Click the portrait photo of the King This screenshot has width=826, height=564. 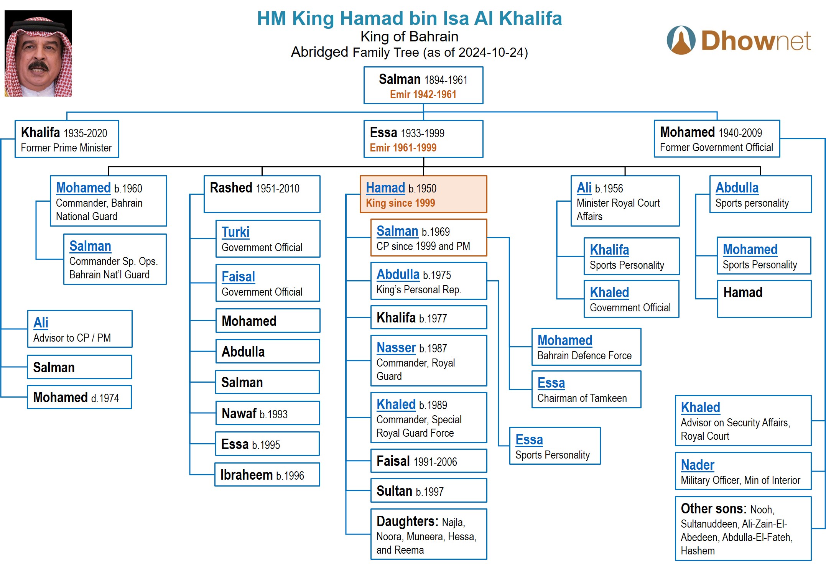(38, 53)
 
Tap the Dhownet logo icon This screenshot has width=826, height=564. (681, 40)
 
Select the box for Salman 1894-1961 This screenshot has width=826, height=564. (423, 86)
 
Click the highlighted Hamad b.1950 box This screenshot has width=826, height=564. (423, 194)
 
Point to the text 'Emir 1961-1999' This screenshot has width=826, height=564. (403, 148)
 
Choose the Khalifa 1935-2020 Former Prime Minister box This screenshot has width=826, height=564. (67, 139)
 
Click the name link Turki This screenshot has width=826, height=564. (235, 232)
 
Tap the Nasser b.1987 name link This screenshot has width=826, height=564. (396, 348)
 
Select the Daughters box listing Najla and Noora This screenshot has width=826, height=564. (428, 534)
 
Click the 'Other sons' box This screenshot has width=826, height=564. (743, 529)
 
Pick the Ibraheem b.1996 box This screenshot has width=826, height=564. (267, 475)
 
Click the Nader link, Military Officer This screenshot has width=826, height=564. (697, 465)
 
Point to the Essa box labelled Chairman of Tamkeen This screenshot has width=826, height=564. (586, 390)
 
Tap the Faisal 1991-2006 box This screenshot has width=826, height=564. (428, 461)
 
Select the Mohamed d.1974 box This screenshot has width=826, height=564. (79, 397)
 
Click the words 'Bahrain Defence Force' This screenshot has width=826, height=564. (584, 356)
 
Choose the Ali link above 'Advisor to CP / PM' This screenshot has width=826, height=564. (41, 323)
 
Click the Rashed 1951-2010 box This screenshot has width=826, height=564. (262, 194)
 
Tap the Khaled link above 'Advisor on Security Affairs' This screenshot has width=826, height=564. (700, 408)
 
